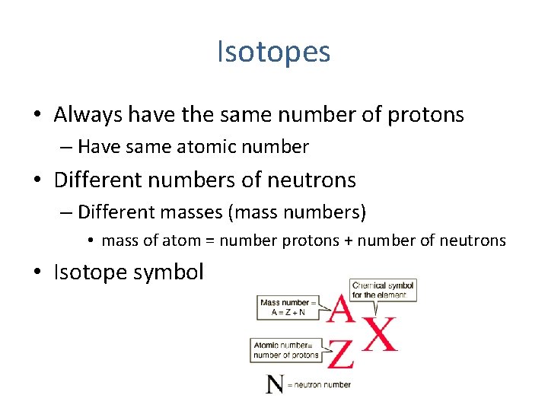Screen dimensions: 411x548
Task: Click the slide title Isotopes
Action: [x=273, y=53]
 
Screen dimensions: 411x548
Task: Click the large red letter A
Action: [x=341, y=310]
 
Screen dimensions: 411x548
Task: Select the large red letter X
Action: [x=380, y=333]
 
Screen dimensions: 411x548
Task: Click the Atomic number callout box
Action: [x=285, y=350]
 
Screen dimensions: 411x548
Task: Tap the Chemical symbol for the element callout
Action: [x=384, y=290]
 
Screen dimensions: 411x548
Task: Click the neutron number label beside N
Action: [x=322, y=385]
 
